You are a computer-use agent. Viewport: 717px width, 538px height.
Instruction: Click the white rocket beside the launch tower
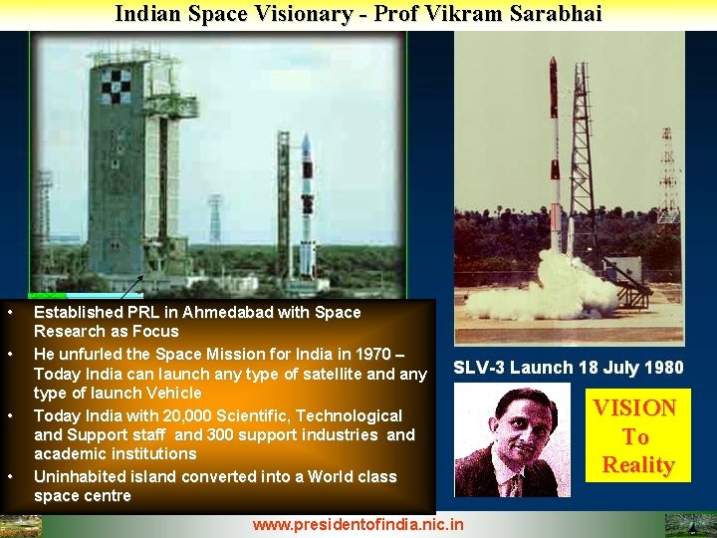pyautogui.click(x=307, y=204)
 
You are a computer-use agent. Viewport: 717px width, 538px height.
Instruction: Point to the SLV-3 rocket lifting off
pyautogui.click(x=556, y=149)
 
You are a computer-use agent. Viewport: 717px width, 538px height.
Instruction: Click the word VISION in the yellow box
pyautogui.click(x=635, y=407)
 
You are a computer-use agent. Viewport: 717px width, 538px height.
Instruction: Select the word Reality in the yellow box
pyautogui.click(x=637, y=465)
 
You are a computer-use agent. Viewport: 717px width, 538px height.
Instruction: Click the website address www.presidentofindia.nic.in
pyautogui.click(x=358, y=524)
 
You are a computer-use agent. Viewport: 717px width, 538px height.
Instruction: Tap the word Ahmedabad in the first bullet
pyautogui.click(x=221, y=312)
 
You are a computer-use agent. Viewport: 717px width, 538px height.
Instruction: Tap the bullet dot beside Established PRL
pyautogui.click(x=9, y=313)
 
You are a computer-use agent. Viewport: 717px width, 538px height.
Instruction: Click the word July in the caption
pyautogui.click(x=618, y=368)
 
